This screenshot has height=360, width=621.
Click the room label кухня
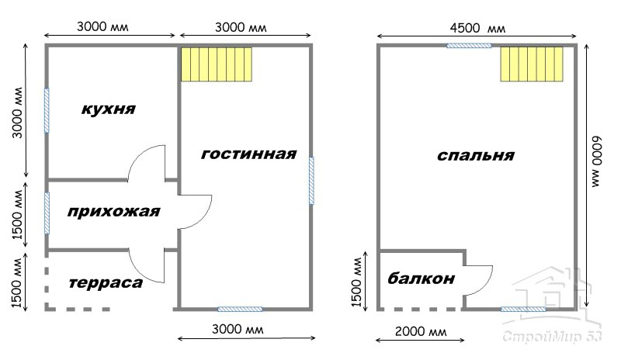(109, 109)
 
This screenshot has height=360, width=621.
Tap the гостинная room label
(248, 154)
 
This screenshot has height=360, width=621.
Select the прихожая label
(113, 212)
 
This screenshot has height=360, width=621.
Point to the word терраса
(106, 282)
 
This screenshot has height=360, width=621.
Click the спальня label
(476, 155)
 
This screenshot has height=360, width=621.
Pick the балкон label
(421, 279)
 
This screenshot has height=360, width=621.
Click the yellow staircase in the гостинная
(217, 64)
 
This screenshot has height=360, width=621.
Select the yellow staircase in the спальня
(532, 64)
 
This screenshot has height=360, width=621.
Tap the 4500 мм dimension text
(477, 28)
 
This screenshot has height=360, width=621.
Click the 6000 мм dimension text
(596, 162)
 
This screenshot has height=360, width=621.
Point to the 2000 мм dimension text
(421, 331)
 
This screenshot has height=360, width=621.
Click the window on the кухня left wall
(47, 110)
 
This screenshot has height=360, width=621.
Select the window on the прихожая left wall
(47, 213)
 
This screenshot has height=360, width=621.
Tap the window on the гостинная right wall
(311, 181)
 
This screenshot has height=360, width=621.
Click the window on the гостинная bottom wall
(240, 309)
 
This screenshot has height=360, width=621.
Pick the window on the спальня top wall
(469, 46)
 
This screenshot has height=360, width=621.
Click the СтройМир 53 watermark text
(552, 337)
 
